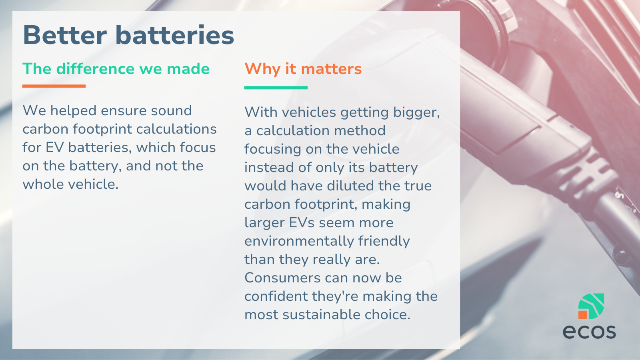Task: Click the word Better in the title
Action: click(x=65, y=35)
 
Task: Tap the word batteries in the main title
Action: click(x=174, y=35)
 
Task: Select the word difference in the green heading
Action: click(x=95, y=68)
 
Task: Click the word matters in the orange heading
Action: click(x=332, y=69)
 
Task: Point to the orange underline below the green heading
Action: click(x=54, y=86)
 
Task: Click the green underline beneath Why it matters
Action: click(x=276, y=88)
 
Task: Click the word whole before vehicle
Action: click(x=43, y=184)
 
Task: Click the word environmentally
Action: click(x=299, y=241)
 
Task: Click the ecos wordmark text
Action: click(x=589, y=331)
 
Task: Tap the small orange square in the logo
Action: click(x=582, y=315)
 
